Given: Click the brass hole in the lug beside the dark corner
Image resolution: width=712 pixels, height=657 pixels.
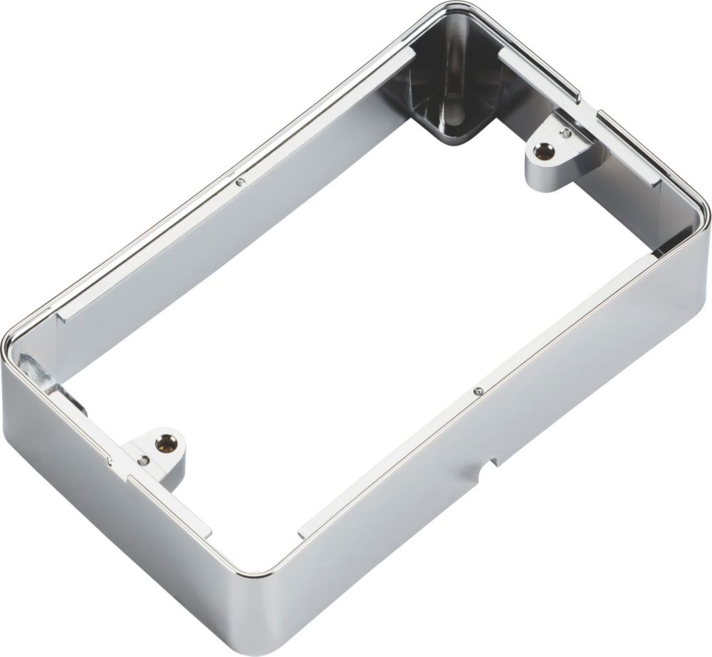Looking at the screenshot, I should tap(544, 150).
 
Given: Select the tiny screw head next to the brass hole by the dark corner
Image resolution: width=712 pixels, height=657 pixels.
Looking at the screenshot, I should tap(565, 133).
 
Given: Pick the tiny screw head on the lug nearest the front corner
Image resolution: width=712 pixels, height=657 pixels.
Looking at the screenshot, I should tap(145, 461).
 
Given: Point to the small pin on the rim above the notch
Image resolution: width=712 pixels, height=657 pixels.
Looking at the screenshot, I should tap(478, 390).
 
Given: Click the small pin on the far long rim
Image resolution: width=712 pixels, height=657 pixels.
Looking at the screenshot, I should tap(241, 182).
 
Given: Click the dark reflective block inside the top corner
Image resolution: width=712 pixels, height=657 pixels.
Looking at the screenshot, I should tap(456, 93).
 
